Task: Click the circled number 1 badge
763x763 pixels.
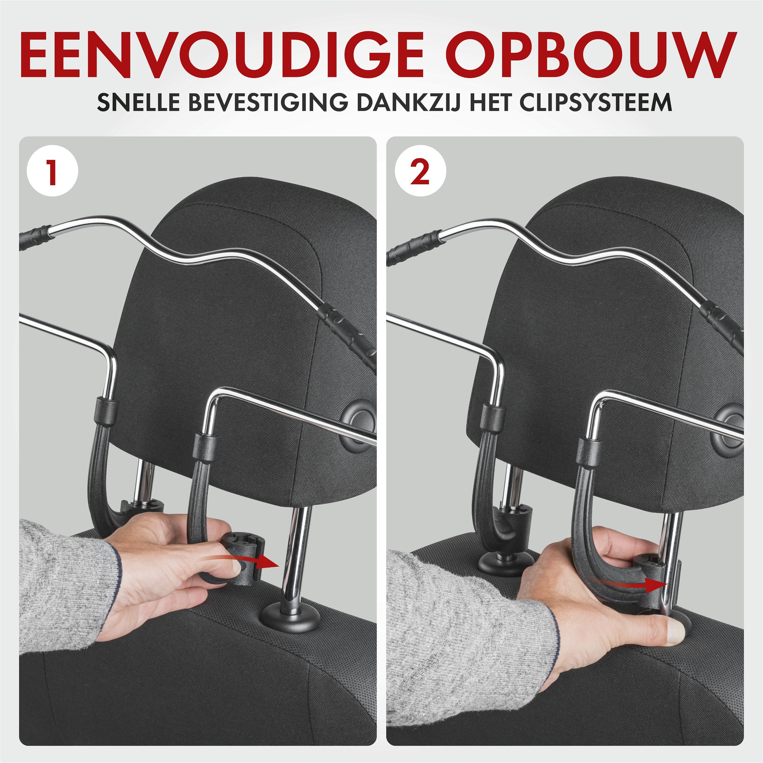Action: click(x=53, y=172)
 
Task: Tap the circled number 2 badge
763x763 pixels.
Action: click(x=420, y=172)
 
